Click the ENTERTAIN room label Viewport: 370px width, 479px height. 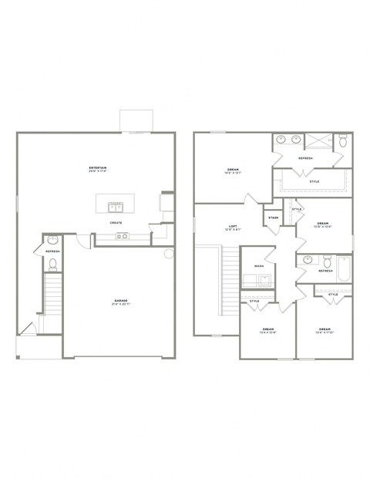pos(98,168)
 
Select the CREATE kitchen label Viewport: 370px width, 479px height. pos(116,223)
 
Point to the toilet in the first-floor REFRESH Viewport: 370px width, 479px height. pos(52,264)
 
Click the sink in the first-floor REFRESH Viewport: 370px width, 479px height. pos(52,240)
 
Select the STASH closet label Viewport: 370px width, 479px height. pos(273,218)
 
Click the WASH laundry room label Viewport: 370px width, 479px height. pos(259,266)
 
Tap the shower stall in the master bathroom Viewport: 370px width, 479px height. pos(319,141)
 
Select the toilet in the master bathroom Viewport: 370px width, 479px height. pos(344,141)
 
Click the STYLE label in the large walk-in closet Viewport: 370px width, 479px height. pos(314,181)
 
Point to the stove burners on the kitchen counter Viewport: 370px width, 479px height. pos(122,236)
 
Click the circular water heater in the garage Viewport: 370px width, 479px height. pos(169,254)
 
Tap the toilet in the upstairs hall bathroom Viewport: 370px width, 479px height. pos(325,259)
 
